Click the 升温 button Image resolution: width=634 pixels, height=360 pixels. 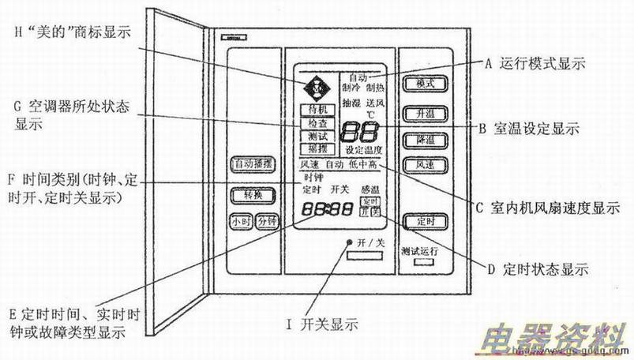[421, 112]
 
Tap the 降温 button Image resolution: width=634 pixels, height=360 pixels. [421, 139]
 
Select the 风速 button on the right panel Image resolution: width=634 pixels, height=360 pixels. [421, 164]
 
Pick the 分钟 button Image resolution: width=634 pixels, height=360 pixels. [265, 222]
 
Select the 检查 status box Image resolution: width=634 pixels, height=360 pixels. [313, 123]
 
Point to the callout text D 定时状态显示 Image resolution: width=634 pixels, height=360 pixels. [537, 269]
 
